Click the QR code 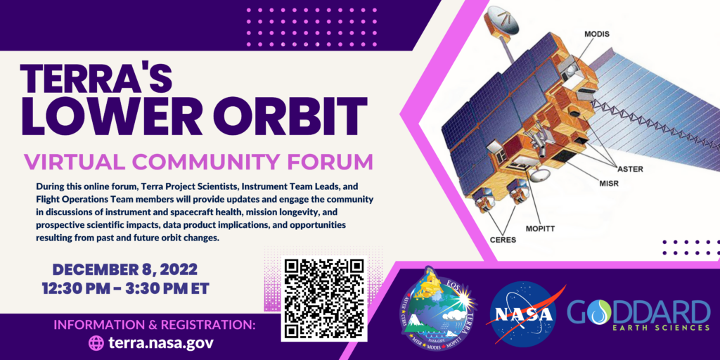pyautogui.click(x=324, y=299)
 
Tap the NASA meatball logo pyautogui.click(x=528, y=314)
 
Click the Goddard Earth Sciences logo pyautogui.click(x=638, y=314)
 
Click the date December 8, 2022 pyautogui.click(x=124, y=270)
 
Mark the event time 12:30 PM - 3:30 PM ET pyautogui.click(x=124, y=288)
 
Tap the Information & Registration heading pyautogui.click(x=154, y=325)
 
